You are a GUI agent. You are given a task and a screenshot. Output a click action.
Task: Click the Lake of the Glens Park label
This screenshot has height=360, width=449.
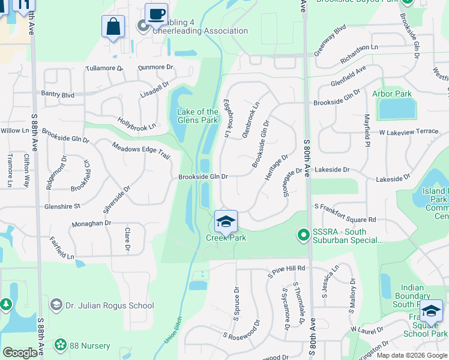point(197,116)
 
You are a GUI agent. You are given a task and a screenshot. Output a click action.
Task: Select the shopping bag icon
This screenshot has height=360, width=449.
point(113,26)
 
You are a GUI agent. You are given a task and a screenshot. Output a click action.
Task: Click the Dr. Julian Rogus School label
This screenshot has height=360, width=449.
point(111,305)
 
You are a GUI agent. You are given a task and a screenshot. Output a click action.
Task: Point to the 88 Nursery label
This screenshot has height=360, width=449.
point(89,346)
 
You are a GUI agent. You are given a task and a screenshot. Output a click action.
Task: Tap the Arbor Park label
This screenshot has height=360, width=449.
point(392,94)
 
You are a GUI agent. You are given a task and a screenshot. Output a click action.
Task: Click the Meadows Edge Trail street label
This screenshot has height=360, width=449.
point(141,150)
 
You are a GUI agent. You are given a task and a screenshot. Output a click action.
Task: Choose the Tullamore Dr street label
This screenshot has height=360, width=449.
point(107,68)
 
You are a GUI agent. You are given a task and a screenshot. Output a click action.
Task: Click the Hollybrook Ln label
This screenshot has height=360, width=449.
point(136,124)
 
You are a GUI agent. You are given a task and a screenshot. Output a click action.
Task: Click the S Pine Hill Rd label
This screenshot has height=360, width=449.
point(286,268)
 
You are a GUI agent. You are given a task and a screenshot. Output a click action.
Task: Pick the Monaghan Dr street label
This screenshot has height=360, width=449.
point(92,223)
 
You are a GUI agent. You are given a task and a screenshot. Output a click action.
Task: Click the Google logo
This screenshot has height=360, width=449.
point(20,353)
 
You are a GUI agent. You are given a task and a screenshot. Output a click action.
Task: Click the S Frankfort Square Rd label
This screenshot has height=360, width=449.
point(345,220)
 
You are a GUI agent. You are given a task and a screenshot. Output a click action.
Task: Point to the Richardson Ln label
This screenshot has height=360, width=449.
point(360,47)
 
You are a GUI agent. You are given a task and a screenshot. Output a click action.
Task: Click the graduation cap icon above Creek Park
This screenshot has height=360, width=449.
point(226,222)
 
